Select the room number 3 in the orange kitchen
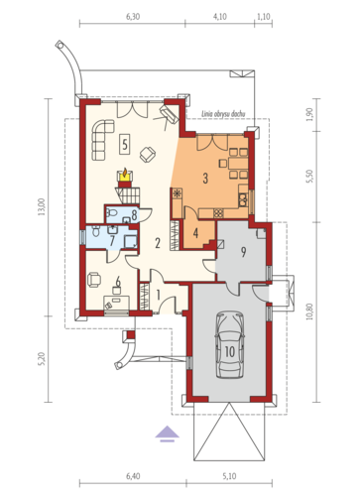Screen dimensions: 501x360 coord(205,178)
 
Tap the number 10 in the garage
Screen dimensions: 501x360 coord(228,350)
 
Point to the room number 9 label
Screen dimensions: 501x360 coord(242,250)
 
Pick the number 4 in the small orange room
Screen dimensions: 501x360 coord(196,233)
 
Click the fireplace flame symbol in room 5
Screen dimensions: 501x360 coord(125,179)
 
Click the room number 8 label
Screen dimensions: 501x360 coord(134,214)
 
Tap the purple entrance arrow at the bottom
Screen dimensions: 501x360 coord(168,432)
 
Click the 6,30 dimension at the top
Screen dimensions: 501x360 coord(133,18)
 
